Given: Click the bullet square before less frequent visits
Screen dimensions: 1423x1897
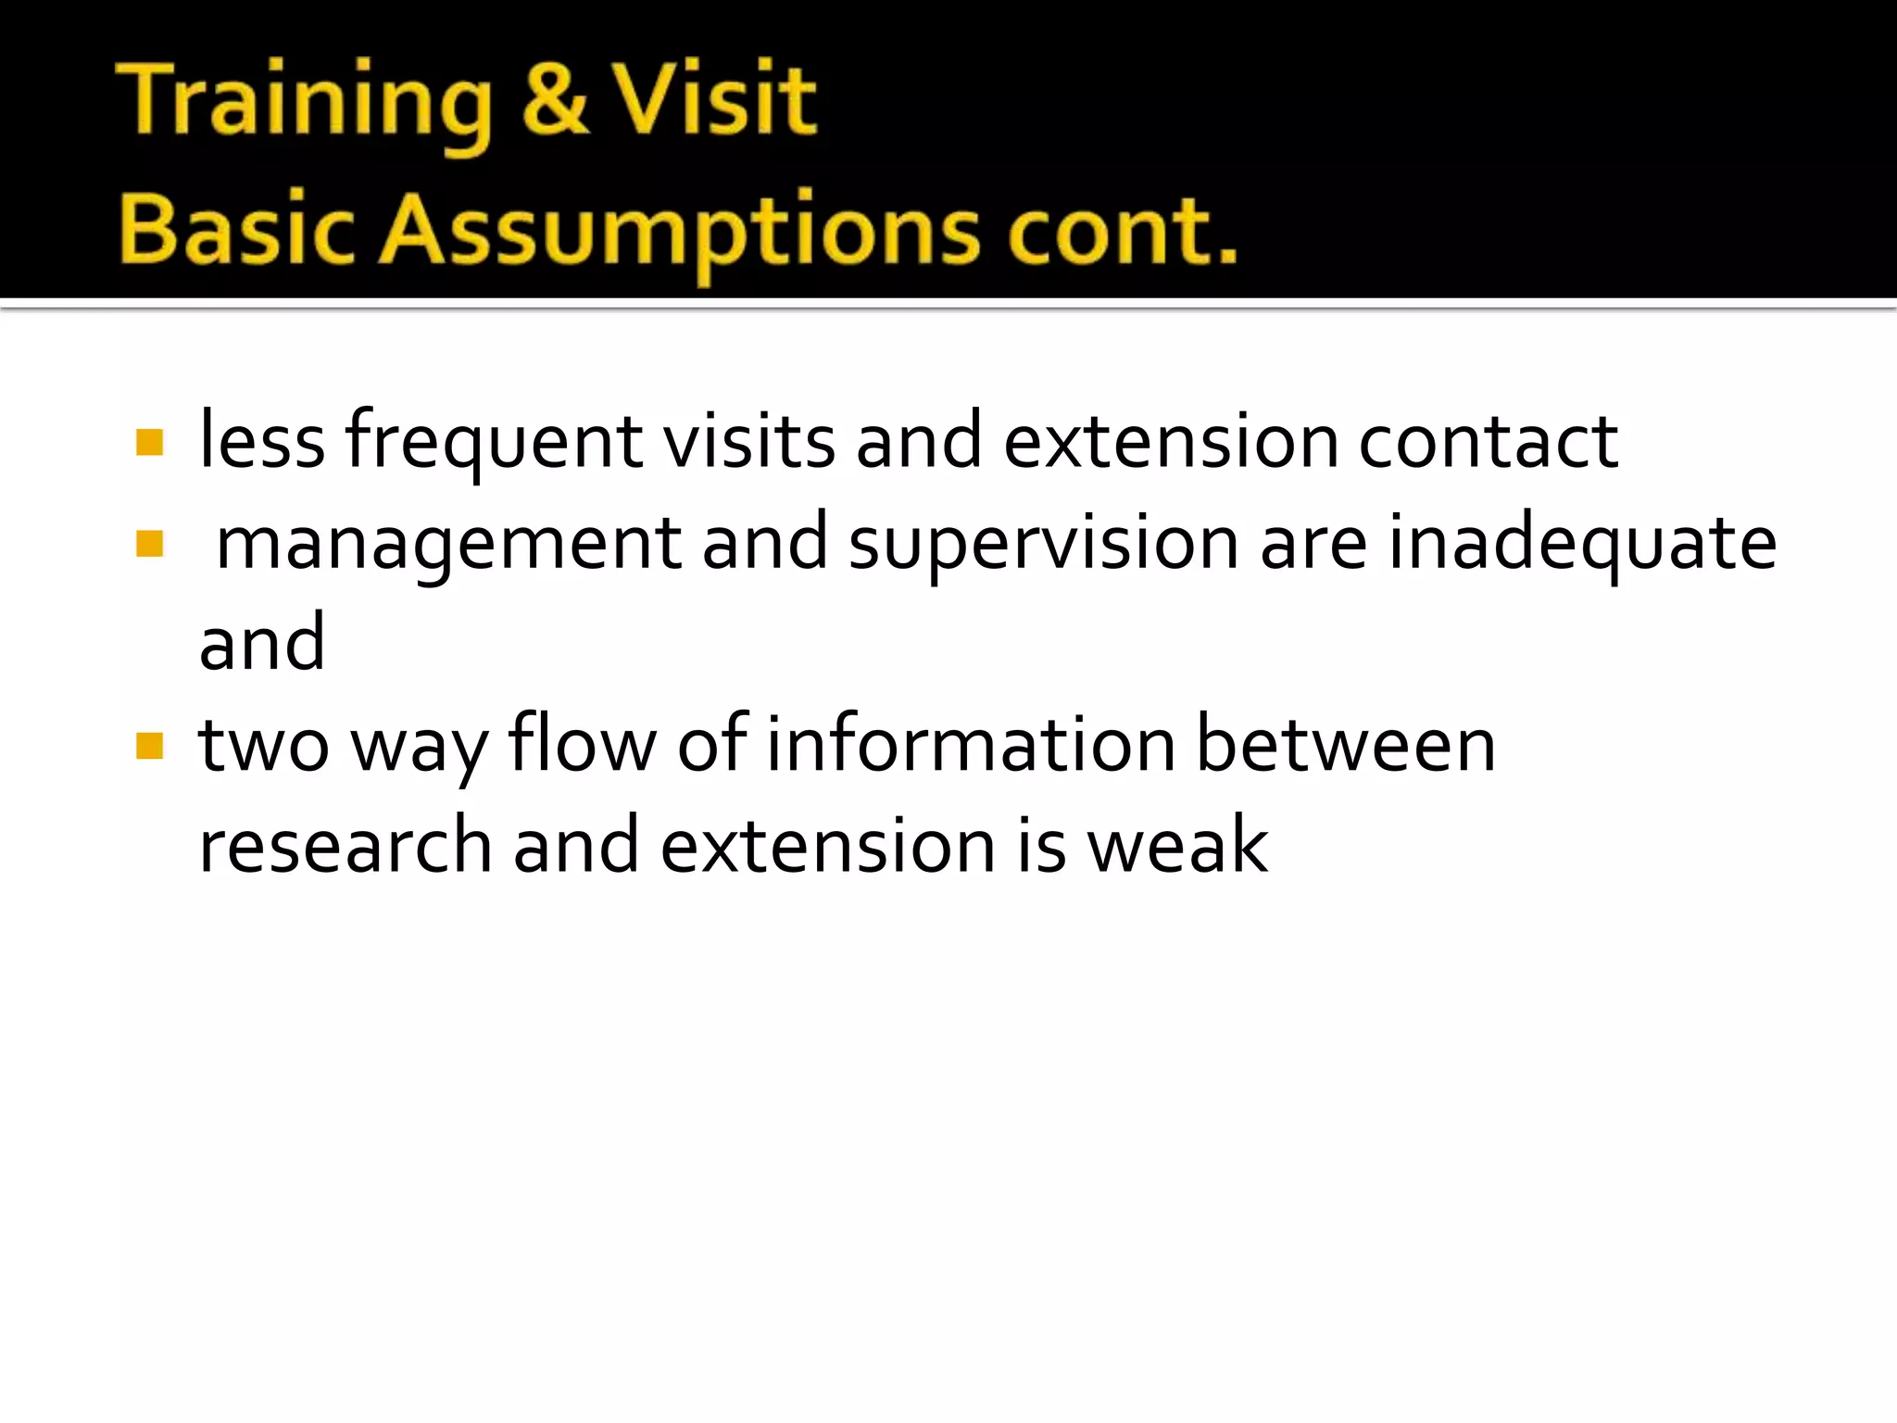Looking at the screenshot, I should point(149,442).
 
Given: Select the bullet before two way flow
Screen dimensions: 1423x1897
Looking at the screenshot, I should point(149,746).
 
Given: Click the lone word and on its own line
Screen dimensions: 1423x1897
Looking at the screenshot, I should point(262,643).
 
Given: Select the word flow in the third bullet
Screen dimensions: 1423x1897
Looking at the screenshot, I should point(582,744).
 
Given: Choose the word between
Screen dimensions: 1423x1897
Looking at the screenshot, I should point(1346,744).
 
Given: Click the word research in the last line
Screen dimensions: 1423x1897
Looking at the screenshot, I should point(345,846).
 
